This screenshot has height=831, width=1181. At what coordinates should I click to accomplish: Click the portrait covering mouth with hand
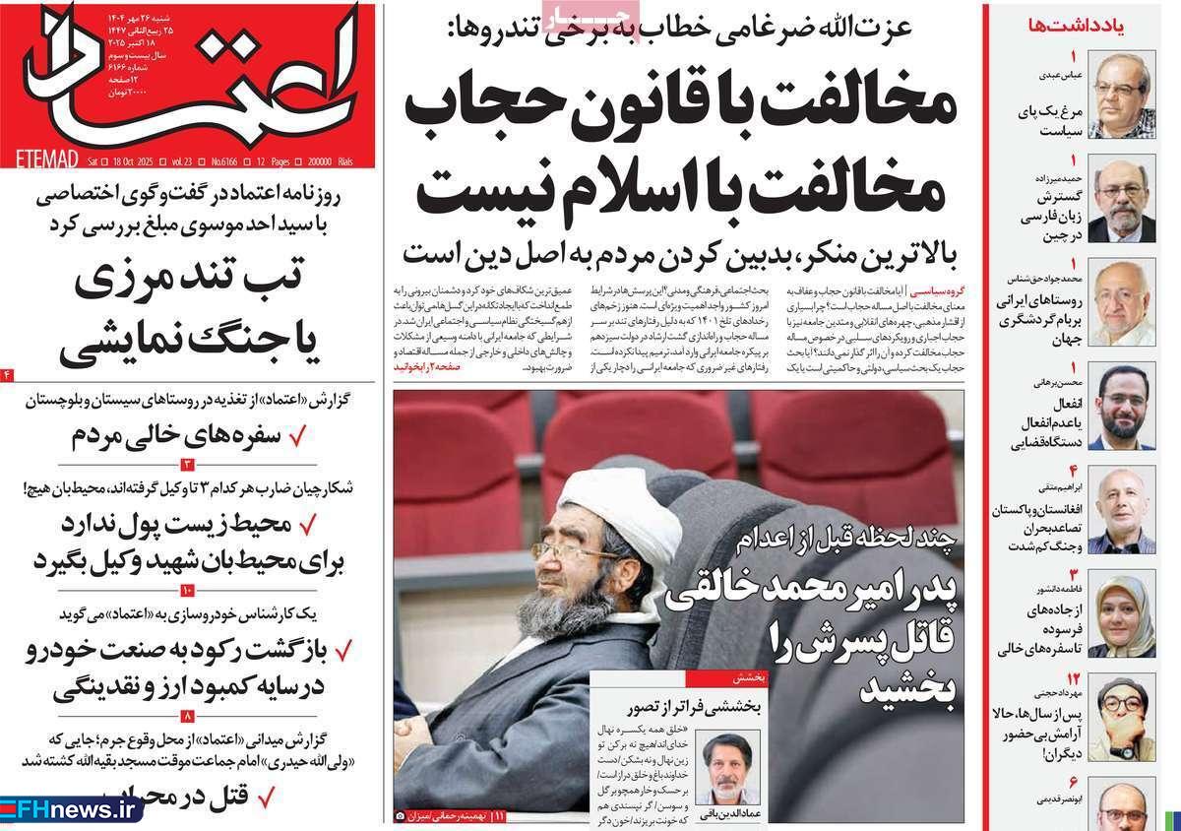[1121, 718]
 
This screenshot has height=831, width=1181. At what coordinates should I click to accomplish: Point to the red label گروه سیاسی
[935, 293]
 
